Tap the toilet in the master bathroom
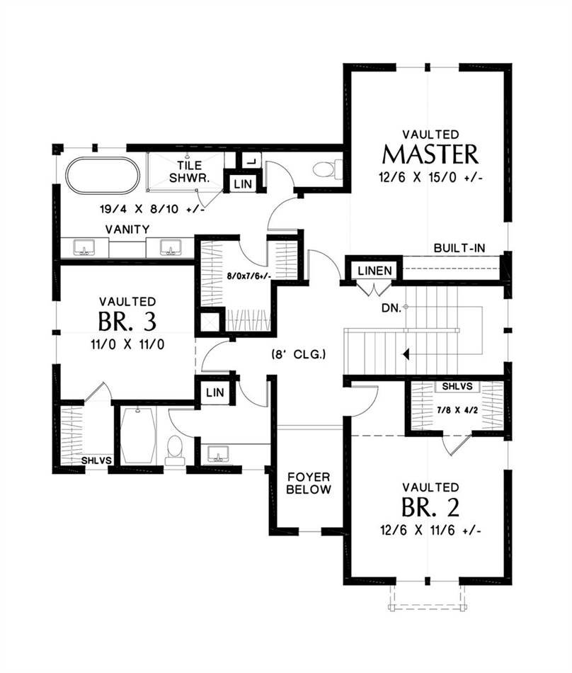328,169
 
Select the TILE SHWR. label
190,171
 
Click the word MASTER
430,154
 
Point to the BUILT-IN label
459,248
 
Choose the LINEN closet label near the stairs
374,271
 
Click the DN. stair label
391,307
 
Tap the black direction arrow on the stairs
406,354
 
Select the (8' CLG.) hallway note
299,354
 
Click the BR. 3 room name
127,321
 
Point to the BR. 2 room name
430,507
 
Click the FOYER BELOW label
308,483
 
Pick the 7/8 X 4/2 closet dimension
457,410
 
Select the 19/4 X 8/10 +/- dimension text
151,210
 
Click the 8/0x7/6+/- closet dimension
248,276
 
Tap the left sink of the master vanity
84,248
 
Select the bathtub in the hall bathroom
137,436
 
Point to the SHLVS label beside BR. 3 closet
96,460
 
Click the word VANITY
127,230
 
